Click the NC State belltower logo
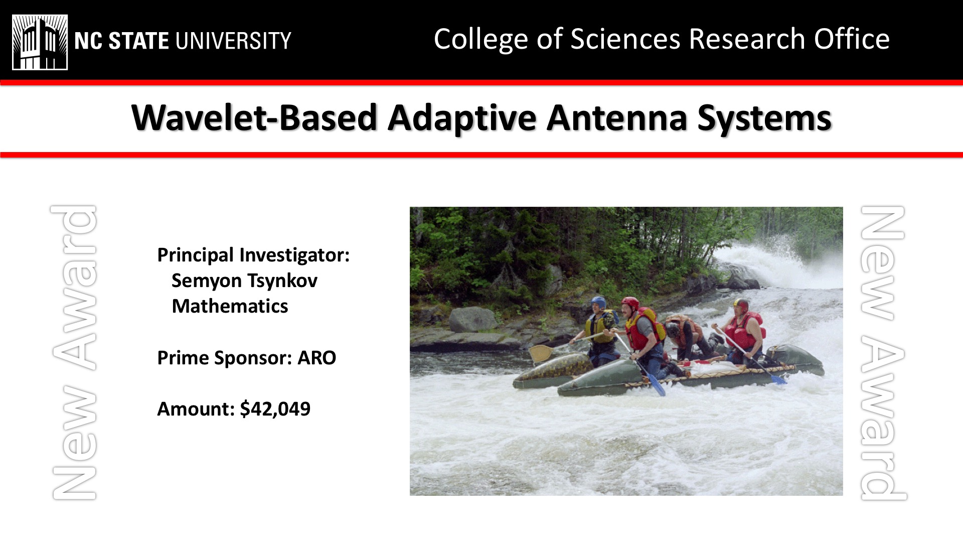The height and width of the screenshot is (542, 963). point(40,42)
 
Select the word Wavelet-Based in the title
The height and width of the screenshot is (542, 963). point(254,118)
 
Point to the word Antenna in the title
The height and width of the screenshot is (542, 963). point(617,118)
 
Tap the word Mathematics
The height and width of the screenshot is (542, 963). point(230,306)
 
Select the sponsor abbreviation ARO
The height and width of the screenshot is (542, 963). point(316,358)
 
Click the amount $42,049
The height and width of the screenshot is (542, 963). point(275,409)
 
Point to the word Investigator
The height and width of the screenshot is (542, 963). point(294,255)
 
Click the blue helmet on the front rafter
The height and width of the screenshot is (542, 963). point(598,302)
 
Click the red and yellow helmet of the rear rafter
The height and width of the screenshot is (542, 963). point(741,304)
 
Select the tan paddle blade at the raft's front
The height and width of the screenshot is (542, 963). point(540,353)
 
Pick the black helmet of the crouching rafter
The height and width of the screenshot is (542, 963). point(673,330)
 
